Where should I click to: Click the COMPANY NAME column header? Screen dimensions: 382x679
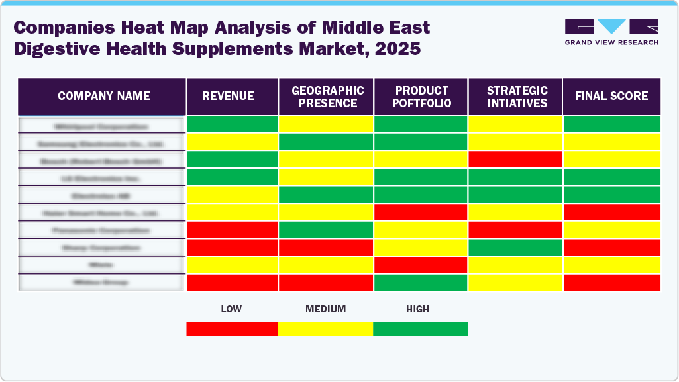point(103,96)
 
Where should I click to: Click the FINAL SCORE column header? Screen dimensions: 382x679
point(611,96)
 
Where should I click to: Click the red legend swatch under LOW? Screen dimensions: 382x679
point(232,329)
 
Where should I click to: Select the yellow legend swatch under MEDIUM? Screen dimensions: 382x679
point(325,329)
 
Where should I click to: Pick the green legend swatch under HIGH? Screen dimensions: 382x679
point(421,329)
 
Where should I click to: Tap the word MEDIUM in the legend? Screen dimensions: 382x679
point(325,309)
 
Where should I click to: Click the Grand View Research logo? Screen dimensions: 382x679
point(611,32)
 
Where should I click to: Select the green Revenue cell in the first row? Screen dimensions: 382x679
point(232,124)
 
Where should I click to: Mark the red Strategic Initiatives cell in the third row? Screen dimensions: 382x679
point(515,160)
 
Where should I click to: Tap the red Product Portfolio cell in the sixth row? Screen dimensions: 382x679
point(421,212)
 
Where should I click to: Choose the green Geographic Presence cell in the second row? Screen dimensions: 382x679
point(326,142)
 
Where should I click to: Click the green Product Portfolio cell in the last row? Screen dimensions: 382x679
point(421,282)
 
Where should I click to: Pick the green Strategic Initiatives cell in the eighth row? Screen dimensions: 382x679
point(515,247)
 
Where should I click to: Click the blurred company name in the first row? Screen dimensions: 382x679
point(101,125)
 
